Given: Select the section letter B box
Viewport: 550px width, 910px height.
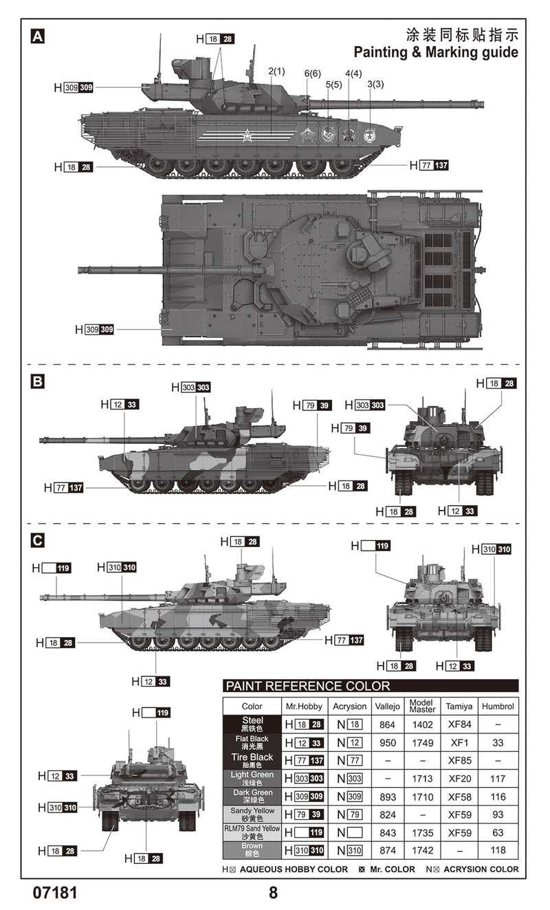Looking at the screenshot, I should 38,380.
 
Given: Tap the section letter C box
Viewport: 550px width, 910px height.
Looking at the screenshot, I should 38,540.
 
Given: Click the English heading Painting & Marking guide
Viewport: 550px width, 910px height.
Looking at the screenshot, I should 436,52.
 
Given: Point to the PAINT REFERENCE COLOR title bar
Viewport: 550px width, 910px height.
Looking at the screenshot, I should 371,685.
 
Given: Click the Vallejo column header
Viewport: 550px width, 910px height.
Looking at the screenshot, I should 387,706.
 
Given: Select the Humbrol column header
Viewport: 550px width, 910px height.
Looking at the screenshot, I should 498,706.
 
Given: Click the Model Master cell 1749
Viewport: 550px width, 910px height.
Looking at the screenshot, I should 422,742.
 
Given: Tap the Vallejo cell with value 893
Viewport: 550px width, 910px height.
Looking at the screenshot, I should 387,797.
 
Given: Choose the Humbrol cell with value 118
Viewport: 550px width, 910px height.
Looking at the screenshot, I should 498,850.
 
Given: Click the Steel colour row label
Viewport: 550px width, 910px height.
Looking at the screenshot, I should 252,724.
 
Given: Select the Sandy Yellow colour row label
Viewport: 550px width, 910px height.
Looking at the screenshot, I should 252,814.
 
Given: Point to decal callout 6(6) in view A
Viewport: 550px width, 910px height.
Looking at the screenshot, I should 312,74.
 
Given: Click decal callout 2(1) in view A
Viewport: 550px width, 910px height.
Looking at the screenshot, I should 276,71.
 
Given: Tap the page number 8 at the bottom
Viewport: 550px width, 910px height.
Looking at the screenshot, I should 274,893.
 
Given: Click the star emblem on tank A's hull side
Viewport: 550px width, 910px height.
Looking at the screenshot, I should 247,136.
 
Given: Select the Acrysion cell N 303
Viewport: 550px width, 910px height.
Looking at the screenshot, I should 350,779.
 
